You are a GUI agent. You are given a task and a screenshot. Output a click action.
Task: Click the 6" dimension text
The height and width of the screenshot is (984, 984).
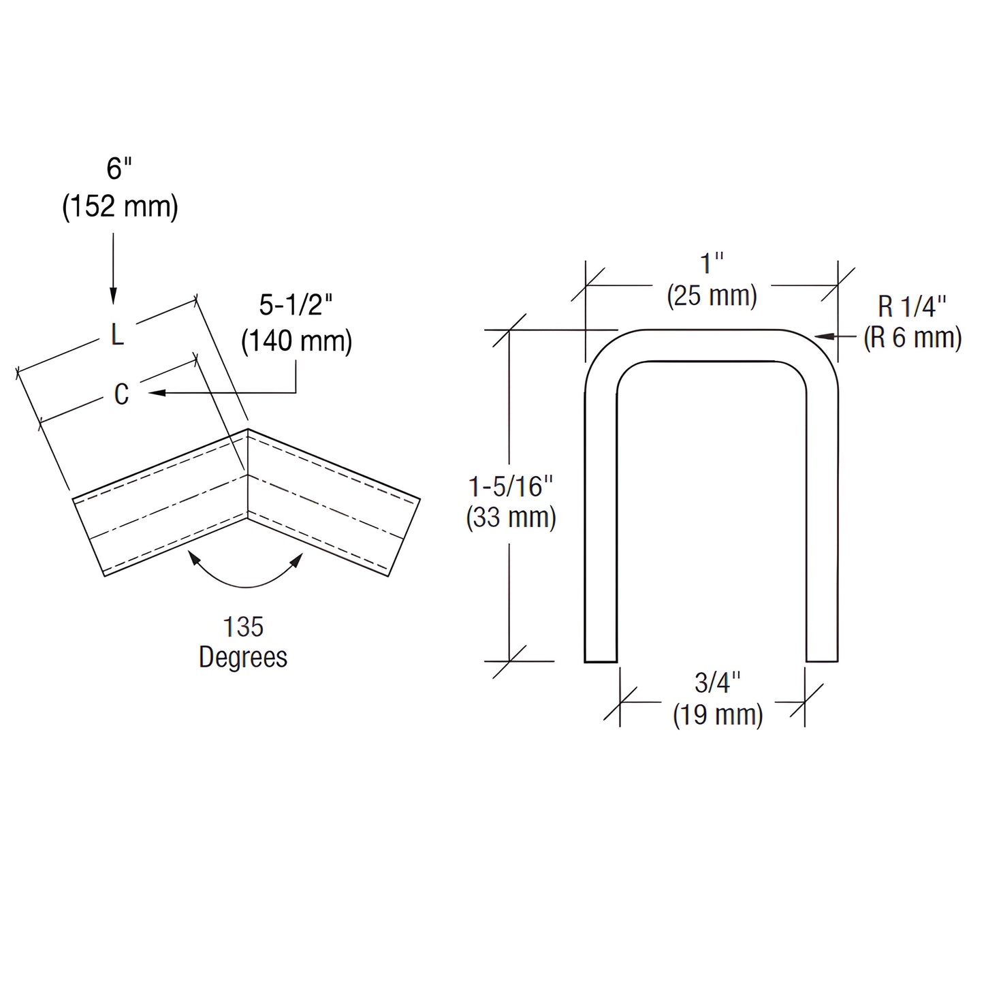[x=119, y=168]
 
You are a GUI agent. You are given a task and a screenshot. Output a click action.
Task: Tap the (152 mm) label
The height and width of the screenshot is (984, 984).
[x=121, y=206]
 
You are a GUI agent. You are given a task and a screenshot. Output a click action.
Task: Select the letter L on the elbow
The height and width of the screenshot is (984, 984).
[x=117, y=334]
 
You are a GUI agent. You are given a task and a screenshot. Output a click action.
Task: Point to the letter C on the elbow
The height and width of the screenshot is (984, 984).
[x=121, y=394]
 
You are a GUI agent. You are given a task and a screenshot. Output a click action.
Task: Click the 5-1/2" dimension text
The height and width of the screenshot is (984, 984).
[x=296, y=306]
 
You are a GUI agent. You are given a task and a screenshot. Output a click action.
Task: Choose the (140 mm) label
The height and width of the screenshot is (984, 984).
[x=297, y=340]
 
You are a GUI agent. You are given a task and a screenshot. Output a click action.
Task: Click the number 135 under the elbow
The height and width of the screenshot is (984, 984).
[x=243, y=627]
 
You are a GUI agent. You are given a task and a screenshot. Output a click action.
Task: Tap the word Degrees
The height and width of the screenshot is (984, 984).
[x=243, y=657]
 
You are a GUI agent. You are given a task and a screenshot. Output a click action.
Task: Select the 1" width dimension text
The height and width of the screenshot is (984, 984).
[x=712, y=264]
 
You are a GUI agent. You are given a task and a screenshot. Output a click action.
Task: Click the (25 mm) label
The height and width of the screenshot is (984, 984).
[x=712, y=296]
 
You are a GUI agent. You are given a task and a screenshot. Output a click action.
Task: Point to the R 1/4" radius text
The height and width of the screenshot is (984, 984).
[x=912, y=307]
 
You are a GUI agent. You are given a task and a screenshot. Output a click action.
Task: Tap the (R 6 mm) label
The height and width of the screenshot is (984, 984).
[x=912, y=338]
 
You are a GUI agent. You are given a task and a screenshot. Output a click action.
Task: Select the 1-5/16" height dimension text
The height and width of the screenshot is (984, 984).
[x=511, y=487]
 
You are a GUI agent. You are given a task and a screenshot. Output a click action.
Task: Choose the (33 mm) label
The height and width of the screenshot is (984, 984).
[x=511, y=518]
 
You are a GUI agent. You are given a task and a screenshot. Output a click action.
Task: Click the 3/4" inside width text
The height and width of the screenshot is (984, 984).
[x=718, y=682]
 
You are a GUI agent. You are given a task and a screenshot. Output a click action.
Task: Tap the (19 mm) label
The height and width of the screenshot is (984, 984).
[x=718, y=715]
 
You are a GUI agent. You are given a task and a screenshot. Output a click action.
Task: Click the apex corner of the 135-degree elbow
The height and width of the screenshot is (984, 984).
[x=247, y=430]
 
